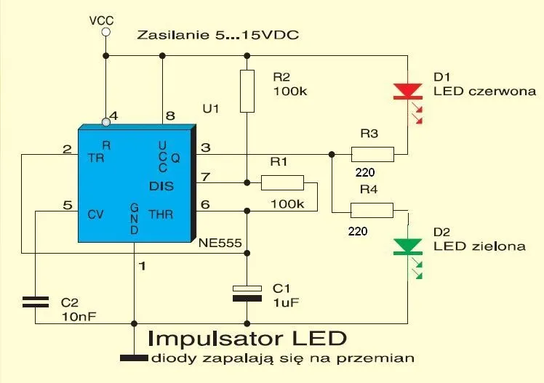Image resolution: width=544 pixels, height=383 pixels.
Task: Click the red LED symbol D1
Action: pos(407,92)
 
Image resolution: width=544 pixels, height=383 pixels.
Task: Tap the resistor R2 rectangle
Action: pos(247,92)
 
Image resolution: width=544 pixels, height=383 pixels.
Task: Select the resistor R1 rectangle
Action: pos(282,182)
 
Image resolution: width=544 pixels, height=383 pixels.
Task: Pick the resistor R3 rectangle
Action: pos(372,154)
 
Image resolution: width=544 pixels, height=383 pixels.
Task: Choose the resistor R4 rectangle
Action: pos(372,211)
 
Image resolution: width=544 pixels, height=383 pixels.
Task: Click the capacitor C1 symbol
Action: pos(247,292)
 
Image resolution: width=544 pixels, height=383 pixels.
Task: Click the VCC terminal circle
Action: pos(105,33)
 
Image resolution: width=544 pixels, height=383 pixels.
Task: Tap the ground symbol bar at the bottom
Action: pos(134,357)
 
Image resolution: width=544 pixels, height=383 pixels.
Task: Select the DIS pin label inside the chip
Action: pos(161,186)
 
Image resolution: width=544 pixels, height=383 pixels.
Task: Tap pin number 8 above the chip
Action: pos(170,115)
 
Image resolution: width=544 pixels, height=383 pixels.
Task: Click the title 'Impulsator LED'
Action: pos(247,339)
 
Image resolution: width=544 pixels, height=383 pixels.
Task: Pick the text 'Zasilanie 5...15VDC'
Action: pos(218,35)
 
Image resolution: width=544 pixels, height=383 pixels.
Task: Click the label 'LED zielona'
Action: pos(479,246)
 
